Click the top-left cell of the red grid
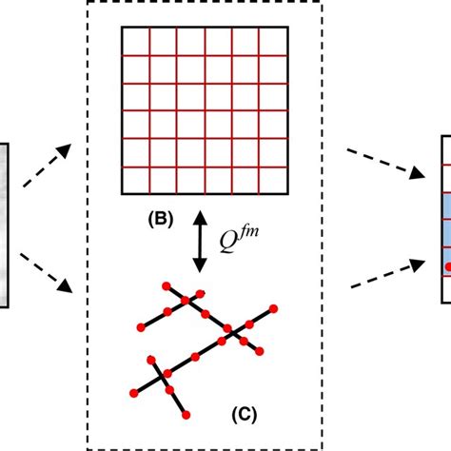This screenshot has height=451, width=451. (134, 41)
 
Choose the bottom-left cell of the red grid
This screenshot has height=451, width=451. (134, 180)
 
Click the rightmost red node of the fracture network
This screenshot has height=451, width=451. (274, 283)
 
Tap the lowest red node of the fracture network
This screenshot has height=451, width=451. (186, 415)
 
